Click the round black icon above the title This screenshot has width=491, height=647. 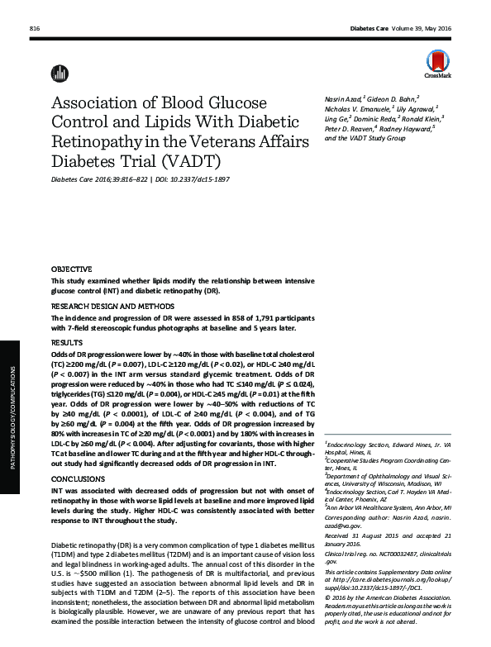[59, 73]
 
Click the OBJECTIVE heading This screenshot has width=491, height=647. [72, 270]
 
